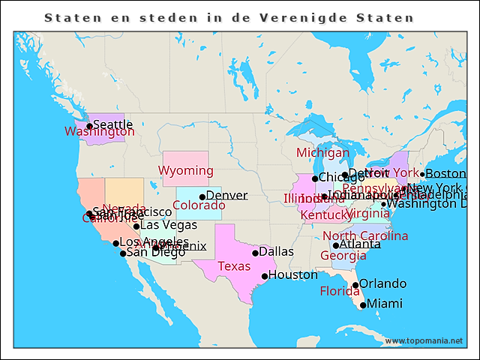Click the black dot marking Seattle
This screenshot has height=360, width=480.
(x=89, y=126)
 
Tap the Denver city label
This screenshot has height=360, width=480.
(x=226, y=196)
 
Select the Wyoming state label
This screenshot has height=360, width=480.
(x=185, y=171)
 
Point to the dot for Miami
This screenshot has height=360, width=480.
(x=363, y=304)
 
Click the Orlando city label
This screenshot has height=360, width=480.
(x=382, y=283)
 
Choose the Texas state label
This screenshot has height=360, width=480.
(x=234, y=266)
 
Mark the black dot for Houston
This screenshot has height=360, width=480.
(x=265, y=276)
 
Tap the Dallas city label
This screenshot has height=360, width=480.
(x=276, y=251)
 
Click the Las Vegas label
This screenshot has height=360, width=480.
(x=169, y=225)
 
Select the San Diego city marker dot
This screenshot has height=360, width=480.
(x=123, y=253)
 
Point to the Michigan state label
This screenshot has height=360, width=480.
(x=322, y=153)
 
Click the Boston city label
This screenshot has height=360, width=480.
(x=445, y=174)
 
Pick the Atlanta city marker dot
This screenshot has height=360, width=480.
(x=335, y=245)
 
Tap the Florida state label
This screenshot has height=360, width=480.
(x=340, y=291)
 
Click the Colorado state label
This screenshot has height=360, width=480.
(x=199, y=205)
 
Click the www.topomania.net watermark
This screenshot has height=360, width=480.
(x=424, y=341)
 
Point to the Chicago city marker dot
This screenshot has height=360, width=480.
(x=315, y=178)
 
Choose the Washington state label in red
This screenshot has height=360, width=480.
(x=100, y=132)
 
